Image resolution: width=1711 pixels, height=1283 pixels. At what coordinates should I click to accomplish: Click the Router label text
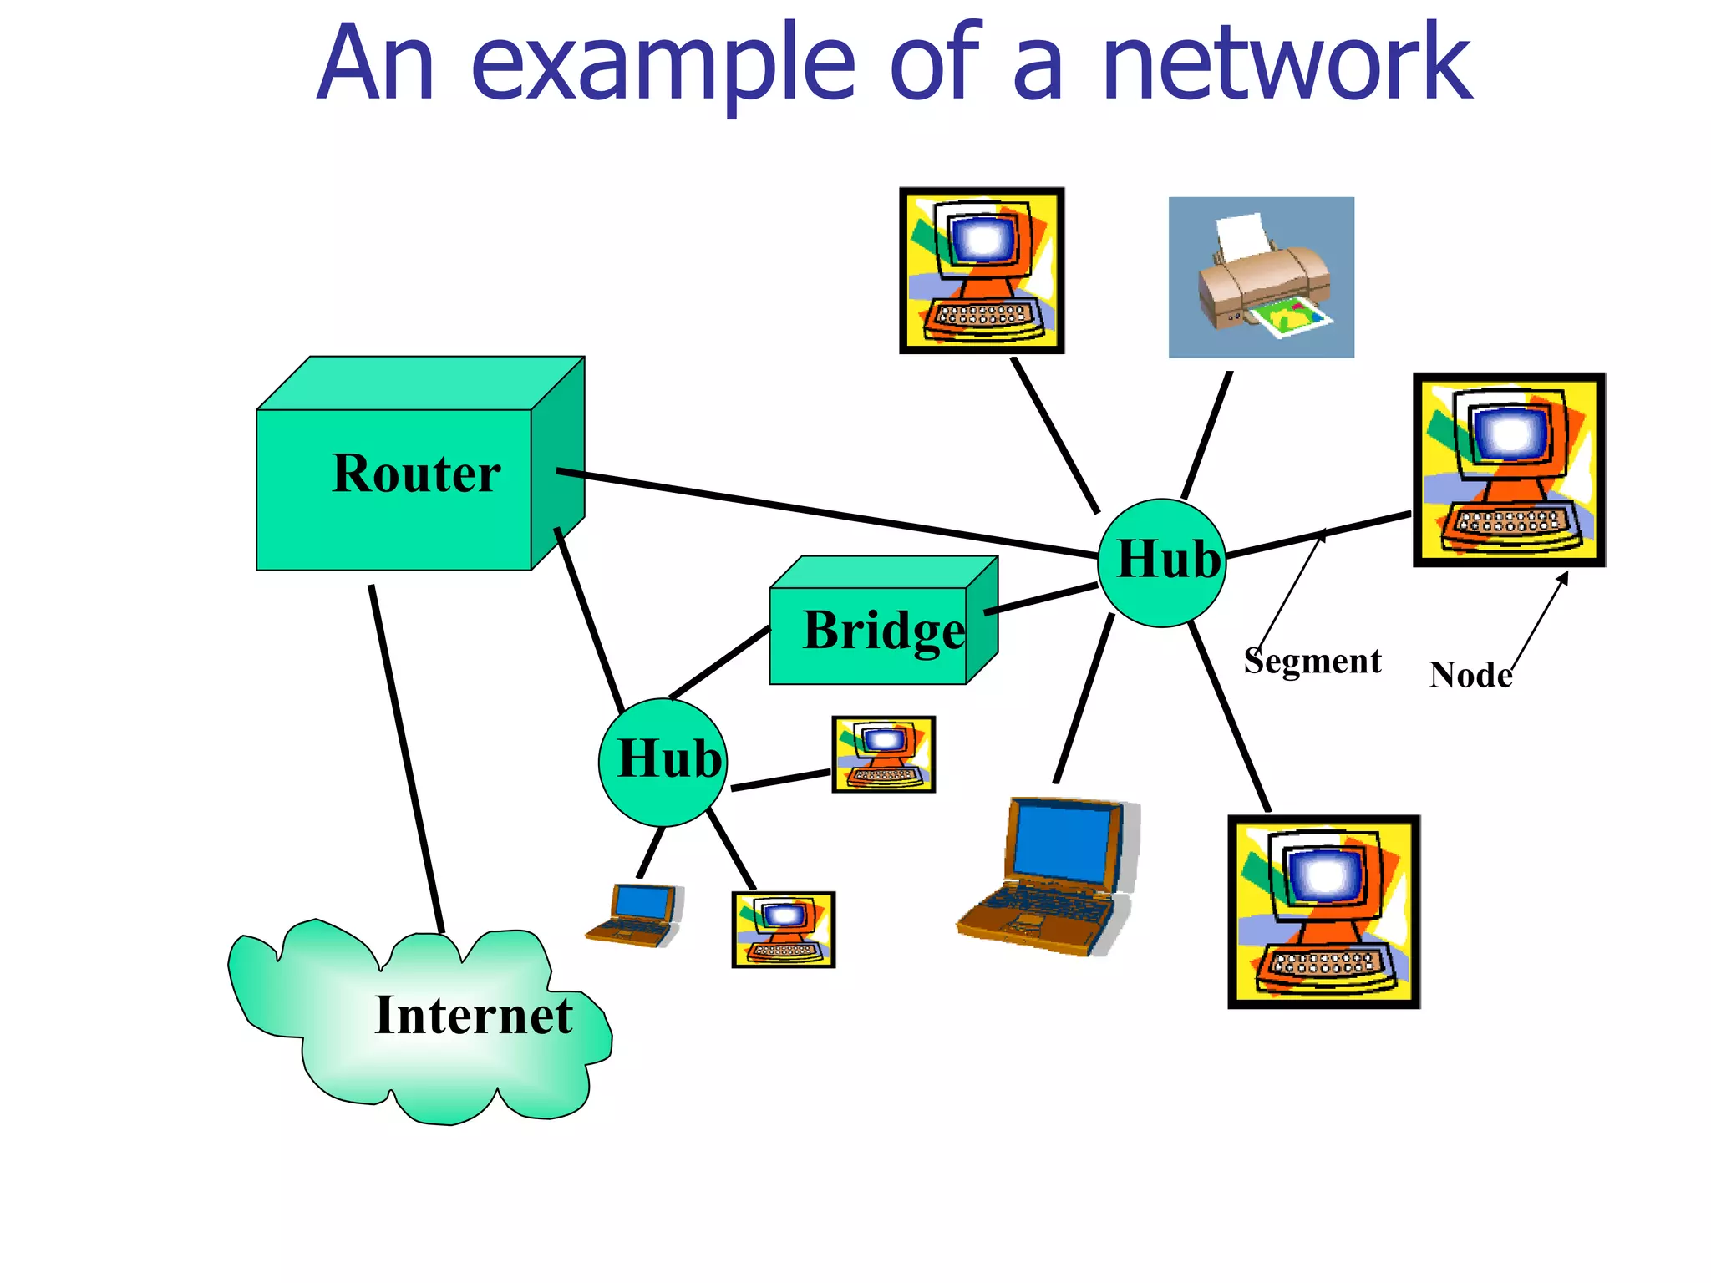coord(416,474)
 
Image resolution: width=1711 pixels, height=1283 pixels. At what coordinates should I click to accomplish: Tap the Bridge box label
coord(883,631)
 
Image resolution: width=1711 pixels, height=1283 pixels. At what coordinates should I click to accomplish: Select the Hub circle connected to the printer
coord(1162,562)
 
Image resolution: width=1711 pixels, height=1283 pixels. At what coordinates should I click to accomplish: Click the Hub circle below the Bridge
coord(663,762)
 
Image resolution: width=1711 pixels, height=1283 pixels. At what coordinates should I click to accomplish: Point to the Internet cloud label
coord(473,1016)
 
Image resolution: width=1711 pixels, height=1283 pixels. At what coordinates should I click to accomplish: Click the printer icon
coord(1260,277)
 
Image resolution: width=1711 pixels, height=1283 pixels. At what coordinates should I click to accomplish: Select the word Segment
coord(1312,661)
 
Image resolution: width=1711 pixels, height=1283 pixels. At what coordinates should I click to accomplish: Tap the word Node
coord(1470,675)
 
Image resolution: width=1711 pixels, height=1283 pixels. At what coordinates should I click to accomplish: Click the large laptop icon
coord(1049,877)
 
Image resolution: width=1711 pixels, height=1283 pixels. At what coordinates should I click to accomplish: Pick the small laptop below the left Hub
coord(635,915)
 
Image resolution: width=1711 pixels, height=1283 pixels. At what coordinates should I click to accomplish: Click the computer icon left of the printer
coord(982,271)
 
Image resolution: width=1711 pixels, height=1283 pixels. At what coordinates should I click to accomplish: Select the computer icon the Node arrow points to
coord(1509,470)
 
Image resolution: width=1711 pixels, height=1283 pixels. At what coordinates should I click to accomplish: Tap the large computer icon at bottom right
coord(1323,912)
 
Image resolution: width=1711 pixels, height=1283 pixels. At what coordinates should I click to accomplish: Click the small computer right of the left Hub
coord(883,754)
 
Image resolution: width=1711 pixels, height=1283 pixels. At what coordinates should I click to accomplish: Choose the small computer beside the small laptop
coord(783,930)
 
